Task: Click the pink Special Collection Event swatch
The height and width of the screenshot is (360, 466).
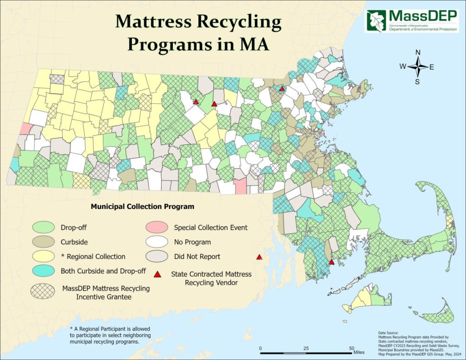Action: [157, 227]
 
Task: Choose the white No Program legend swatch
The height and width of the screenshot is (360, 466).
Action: [157, 242]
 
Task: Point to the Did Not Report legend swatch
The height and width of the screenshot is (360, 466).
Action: [157, 256]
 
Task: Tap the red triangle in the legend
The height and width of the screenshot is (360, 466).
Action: [157, 274]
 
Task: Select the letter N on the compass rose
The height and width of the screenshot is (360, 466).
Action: [418, 52]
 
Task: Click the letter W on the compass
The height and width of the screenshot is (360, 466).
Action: [403, 66]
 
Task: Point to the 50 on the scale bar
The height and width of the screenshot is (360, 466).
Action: [352, 349]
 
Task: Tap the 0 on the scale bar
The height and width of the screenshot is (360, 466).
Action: [261, 349]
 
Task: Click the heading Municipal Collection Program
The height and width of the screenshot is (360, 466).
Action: [142, 207]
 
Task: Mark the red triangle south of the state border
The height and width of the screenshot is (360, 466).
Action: [259, 257]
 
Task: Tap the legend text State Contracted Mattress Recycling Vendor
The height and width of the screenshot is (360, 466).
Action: [211, 278]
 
